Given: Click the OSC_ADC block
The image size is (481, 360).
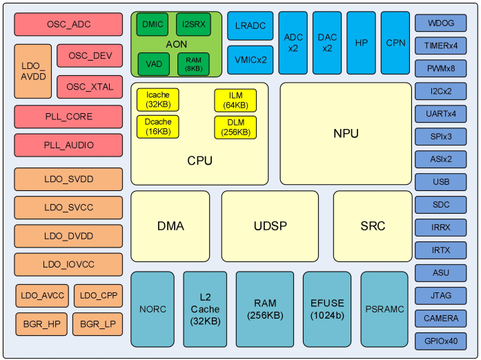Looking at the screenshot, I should [x=68, y=24].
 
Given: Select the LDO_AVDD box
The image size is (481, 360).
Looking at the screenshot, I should [x=32, y=72].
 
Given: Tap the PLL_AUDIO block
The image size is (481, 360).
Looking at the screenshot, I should [x=68, y=146].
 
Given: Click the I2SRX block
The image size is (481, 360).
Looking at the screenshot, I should [x=193, y=24].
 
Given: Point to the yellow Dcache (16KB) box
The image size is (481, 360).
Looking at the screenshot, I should [x=158, y=127].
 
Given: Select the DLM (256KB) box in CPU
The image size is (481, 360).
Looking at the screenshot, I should [x=235, y=127].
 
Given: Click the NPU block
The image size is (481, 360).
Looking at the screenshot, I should [x=345, y=133].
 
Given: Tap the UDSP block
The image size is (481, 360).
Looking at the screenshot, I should [x=270, y=226].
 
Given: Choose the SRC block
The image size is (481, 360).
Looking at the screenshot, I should [x=373, y=226].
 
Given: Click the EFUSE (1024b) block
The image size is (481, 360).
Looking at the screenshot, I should [x=326, y=309].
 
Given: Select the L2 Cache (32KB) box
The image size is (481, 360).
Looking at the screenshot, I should [x=205, y=309].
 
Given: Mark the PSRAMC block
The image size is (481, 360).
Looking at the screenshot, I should [x=384, y=309].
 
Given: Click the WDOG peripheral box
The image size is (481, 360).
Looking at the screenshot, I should [x=440, y=23].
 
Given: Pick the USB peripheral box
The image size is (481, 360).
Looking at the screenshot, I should [x=440, y=182].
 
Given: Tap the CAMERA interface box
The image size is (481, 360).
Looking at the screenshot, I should [x=440, y=318].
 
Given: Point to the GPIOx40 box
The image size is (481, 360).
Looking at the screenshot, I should [x=440, y=341].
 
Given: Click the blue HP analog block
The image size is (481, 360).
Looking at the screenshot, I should [x=361, y=43].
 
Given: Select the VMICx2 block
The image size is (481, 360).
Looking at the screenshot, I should [x=250, y=59].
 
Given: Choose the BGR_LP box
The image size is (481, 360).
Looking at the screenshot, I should [x=98, y=323].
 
